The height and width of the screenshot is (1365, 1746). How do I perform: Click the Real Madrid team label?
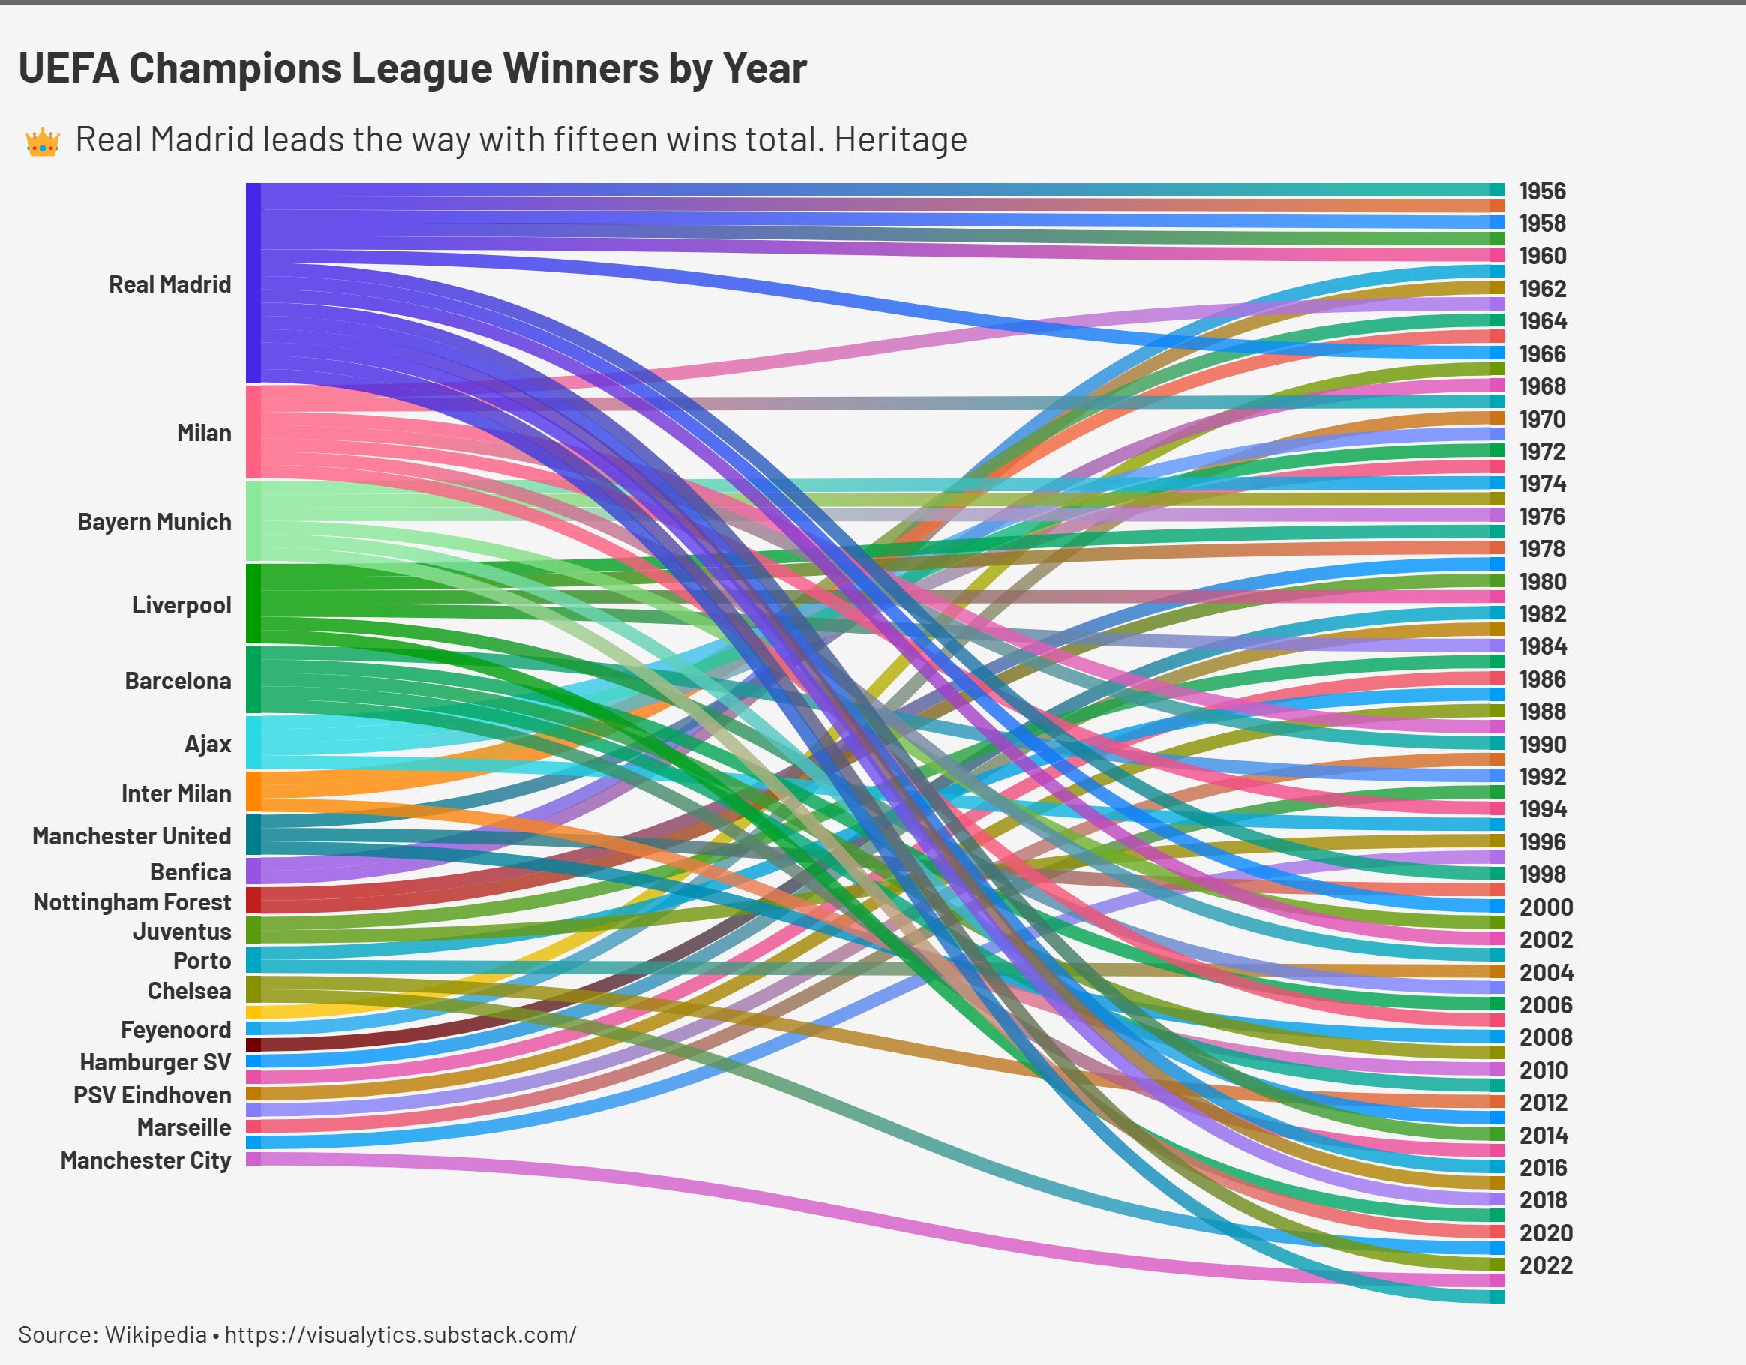click(169, 285)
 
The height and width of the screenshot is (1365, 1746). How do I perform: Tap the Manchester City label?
click(145, 1160)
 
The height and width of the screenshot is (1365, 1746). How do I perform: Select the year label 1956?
click(1542, 192)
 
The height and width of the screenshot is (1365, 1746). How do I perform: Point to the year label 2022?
click(1545, 1265)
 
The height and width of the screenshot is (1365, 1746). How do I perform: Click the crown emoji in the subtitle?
click(42, 142)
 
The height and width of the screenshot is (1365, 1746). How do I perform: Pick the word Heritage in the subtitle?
click(900, 140)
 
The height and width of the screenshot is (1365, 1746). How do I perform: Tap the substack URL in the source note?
click(400, 1334)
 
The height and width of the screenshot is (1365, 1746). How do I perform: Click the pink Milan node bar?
click(253, 432)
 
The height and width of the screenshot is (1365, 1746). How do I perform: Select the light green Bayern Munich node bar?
click(253, 520)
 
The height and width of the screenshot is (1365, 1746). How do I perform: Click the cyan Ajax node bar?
click(253, 742)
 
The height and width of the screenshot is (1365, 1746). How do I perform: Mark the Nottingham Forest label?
click(132, 903)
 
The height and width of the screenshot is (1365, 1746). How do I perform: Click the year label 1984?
click(1542, 646)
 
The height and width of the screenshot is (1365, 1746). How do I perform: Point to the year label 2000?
click(1545, 907)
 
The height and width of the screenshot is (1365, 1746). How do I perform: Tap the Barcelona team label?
click(178, 681)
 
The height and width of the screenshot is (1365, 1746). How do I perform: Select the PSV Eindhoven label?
click(152, 1096)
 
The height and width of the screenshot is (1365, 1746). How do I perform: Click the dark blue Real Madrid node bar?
click(253, 283)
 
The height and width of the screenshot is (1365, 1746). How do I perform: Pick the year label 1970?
click(1542, 419)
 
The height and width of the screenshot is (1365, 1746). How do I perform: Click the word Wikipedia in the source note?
click(156, 1334)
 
